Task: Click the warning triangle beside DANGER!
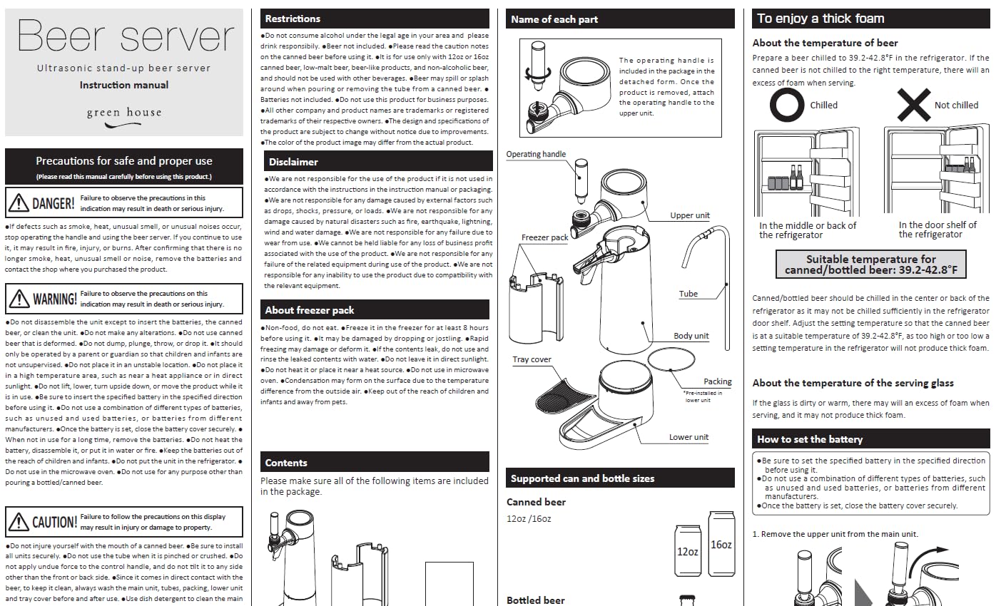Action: tap(19, 203)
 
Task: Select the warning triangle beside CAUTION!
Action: tap(19, 522)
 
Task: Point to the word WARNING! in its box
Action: tap(55, 299)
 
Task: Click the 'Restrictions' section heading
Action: tap(293, 19)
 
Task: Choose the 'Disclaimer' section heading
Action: tap(293, 162)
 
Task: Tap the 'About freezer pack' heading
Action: tap(310, 310)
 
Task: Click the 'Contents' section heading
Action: tap(286, 463)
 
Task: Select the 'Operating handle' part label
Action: tap(536, 154)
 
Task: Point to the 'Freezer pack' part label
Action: tap(544, 237)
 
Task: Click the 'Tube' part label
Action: tap(688, 294)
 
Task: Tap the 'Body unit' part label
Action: tap(691, 336)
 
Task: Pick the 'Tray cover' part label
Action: tap(532, 359)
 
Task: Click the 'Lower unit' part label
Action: tap(689, 437)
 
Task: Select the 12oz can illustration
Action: tap(687, 550)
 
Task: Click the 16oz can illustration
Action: tap(721, 543)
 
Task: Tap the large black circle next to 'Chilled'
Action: tap(786, 106)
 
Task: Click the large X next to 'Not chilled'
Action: tap(913, 106)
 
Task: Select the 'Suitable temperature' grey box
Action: tap(870, 264)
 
